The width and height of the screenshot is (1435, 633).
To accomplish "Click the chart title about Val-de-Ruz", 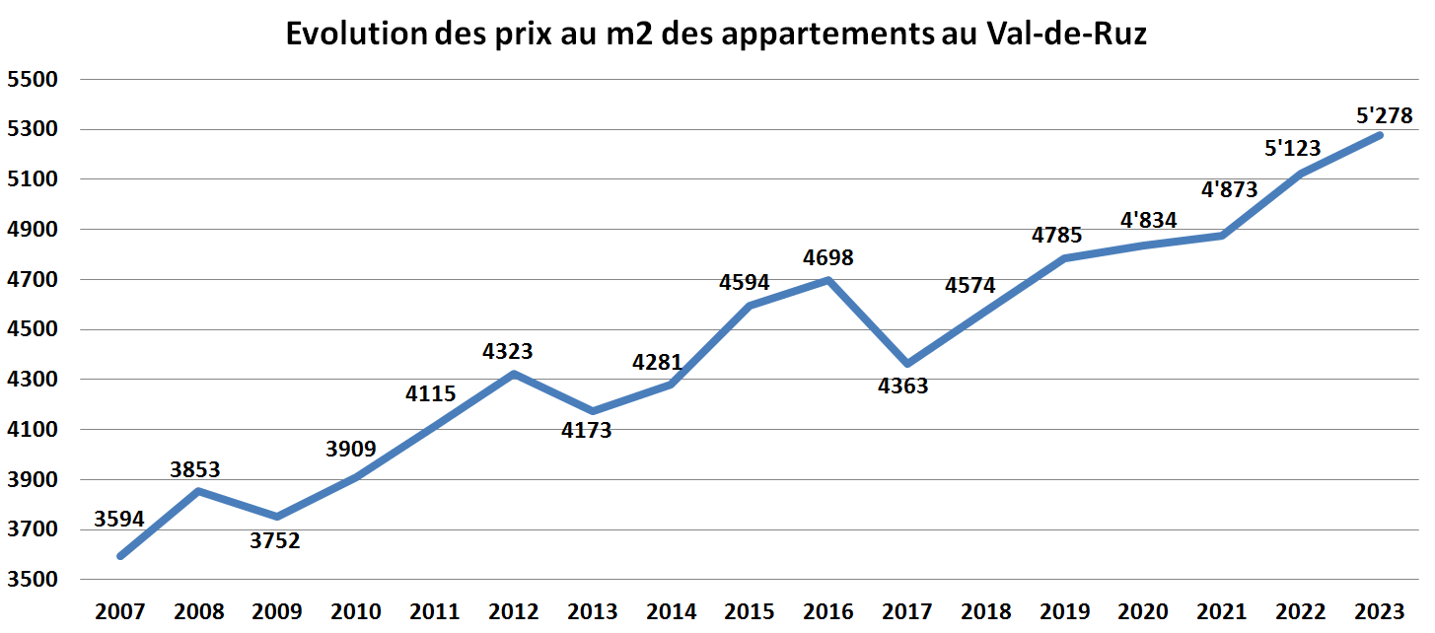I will click(717, 35).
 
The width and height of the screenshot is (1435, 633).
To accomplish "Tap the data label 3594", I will click(119, 519).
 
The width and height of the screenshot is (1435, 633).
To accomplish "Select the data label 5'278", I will click(1385, 115).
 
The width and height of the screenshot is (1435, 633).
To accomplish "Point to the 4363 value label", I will click(902, 386).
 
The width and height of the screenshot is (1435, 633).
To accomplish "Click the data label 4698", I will click(828, 258).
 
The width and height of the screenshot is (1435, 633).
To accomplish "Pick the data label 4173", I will click(587, 430).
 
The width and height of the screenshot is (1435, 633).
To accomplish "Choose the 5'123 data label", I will click(1292, 149).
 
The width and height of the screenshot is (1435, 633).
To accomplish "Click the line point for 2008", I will click(199, 491).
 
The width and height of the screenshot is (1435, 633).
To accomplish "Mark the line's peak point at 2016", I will click(828, 280).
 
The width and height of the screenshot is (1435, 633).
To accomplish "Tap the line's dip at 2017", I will click(907, 364).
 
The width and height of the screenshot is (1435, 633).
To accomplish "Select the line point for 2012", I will click(514, 374).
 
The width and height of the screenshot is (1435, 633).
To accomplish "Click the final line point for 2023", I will click(1380, 135).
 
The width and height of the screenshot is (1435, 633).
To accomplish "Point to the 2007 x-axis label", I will click(120, 611).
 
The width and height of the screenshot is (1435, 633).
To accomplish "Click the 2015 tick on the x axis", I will click(750, 611).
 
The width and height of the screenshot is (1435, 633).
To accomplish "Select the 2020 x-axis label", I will click(1144, 611).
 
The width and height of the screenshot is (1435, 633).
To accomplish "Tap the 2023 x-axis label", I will click(1380, 611).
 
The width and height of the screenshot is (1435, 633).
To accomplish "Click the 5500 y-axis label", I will click(34, 80).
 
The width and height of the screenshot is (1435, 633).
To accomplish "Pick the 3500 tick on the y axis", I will click(34, 580).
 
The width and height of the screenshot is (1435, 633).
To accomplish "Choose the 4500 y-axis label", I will click(34, 329).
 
